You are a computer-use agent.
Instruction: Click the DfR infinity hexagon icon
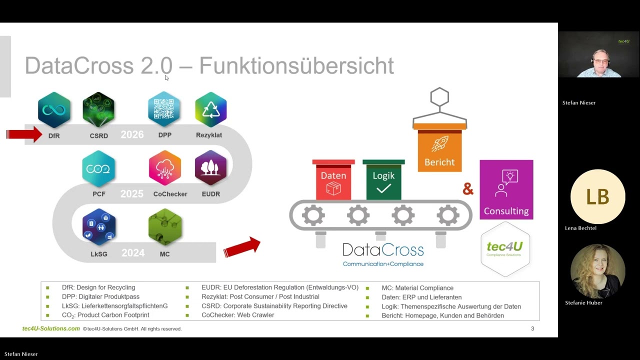[54, 109]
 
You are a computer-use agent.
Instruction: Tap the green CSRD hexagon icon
[98, 109]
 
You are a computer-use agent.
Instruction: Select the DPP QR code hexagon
[164, 109]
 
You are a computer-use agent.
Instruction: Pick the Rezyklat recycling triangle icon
[210, 109]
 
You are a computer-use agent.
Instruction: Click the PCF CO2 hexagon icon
[98, 168]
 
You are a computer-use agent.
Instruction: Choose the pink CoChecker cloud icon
[164, 168]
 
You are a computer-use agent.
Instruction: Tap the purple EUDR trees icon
[210, 168]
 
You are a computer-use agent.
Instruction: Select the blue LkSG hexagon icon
[99, 227]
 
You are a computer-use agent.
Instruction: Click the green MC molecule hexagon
[165, 227]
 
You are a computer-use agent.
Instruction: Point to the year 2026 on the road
[132, 135]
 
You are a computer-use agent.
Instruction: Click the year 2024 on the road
[133, 253]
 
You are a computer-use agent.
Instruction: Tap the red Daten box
[333, 180]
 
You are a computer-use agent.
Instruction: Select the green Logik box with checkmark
[383, 180]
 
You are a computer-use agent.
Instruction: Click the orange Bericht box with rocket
[439, 148]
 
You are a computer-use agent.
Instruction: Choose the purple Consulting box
[506, 190]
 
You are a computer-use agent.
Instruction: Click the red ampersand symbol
[468, 189]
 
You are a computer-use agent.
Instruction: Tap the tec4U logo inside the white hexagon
[505, 248]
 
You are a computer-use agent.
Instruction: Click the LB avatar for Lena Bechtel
[597, 196]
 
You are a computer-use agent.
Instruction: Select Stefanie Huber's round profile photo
[597, 271]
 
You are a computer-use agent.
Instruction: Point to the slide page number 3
[532, 328]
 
